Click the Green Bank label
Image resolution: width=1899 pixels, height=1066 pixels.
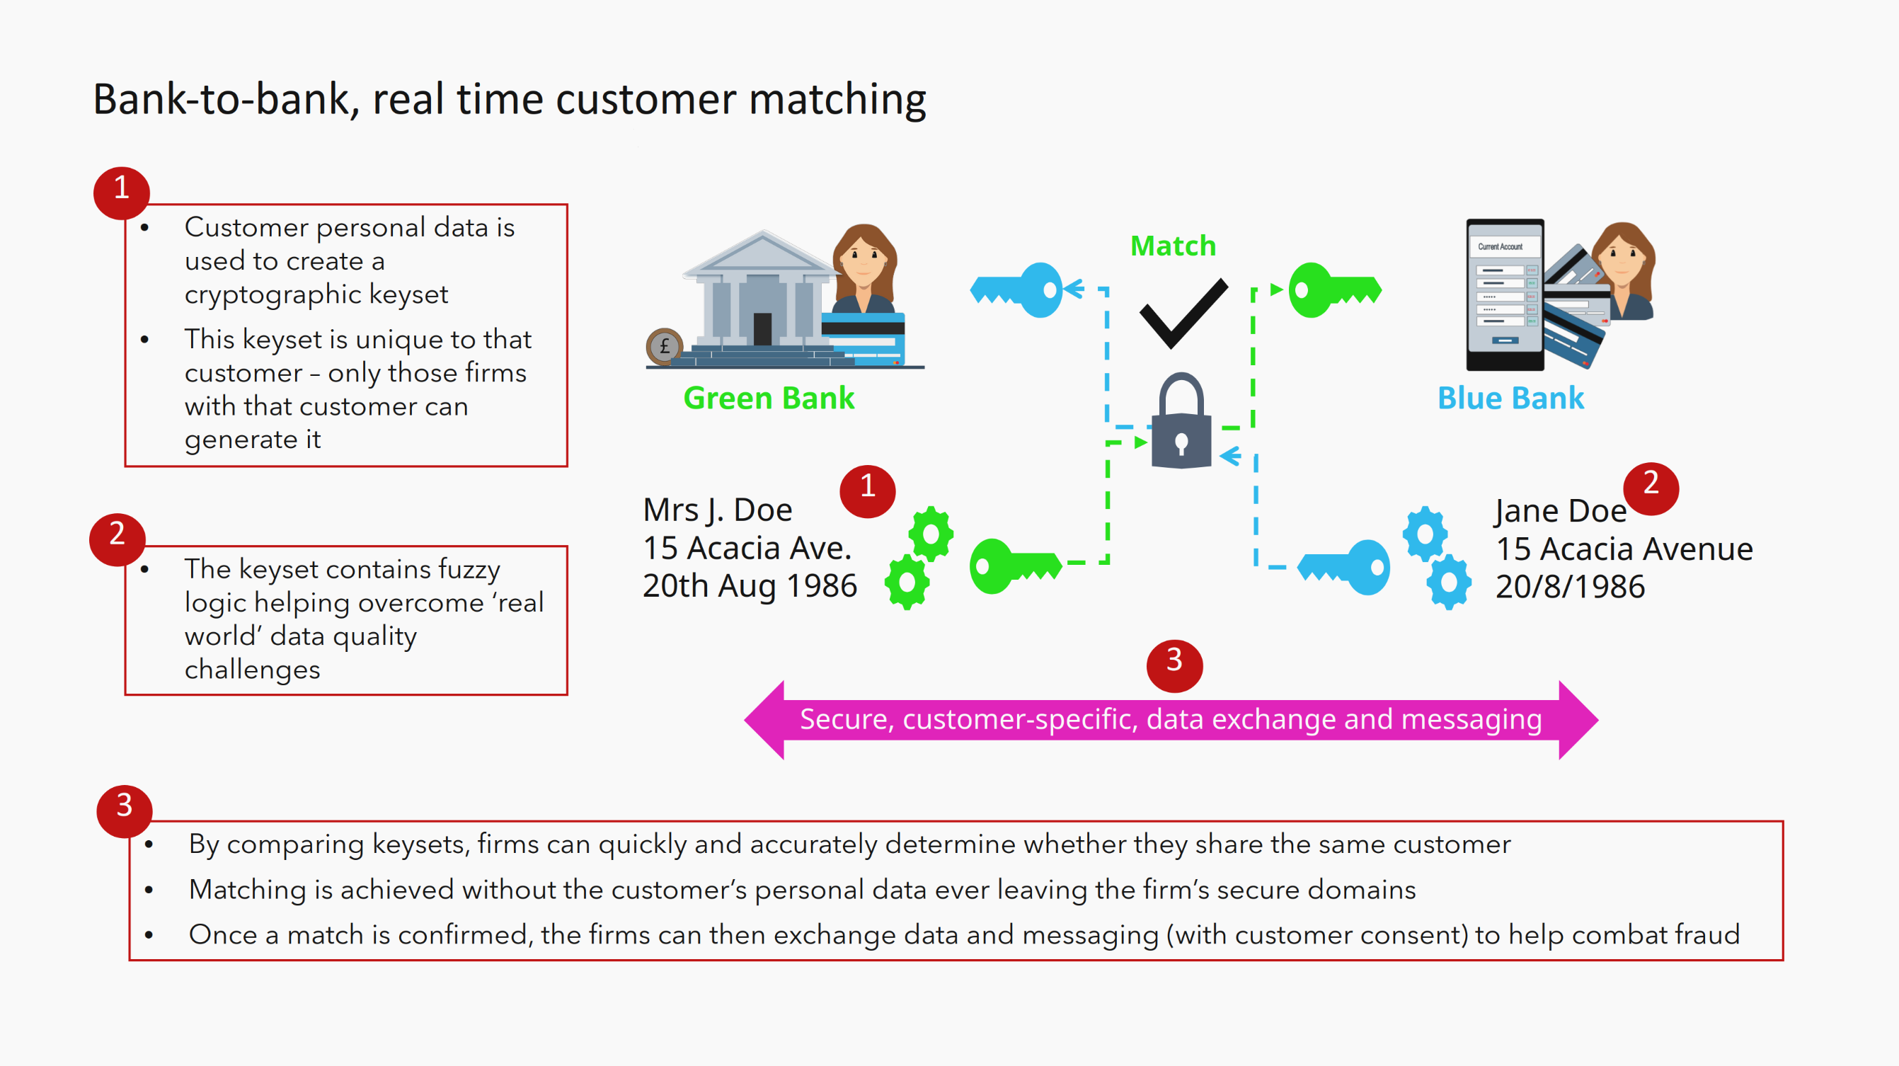click(x=768, y=398)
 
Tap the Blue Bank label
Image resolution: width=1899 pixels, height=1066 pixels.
click(x=1510, y=398)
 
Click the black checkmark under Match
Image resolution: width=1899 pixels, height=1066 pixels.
click(x=1183, y=313)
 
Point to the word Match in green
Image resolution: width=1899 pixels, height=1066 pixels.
click(x=1173, y=246)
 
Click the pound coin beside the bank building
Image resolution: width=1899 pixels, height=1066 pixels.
click(x=664, y=345)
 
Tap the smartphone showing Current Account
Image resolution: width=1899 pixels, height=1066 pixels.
click(x=1504, y=294)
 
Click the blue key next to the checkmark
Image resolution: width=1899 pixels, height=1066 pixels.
click(x=1018, y=290)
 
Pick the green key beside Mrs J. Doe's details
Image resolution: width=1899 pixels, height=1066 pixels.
click(x=1014, y=566)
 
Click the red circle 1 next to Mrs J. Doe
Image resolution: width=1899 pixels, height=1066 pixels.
click(x=868, y=491)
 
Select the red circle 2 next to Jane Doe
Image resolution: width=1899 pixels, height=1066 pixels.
click(x=1651, y=487)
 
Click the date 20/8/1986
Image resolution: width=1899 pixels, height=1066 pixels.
click(x=1569, y=587)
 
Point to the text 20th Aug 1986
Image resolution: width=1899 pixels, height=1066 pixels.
click(x=749, y=586)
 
